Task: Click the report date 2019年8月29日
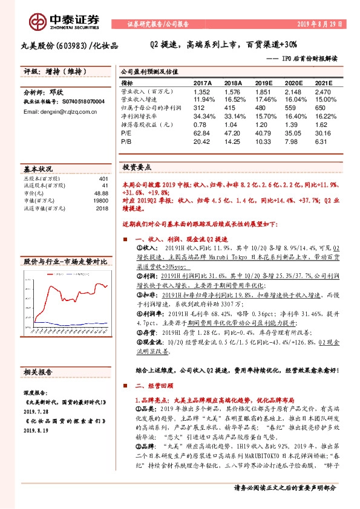tap(320, 25)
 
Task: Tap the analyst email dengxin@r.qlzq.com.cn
tap(53, 112)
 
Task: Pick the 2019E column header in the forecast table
tap(264, 83)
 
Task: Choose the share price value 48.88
tap(100, 192)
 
